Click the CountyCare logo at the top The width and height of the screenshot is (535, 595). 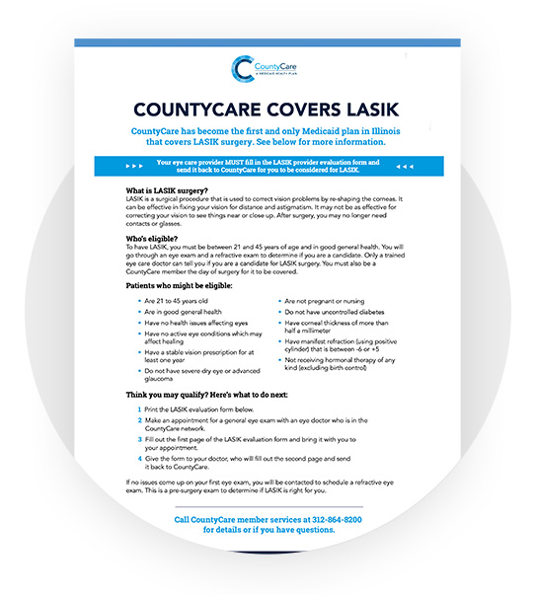267,67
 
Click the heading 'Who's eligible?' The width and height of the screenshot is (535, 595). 156,238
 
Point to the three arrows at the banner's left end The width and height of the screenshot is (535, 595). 135,166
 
